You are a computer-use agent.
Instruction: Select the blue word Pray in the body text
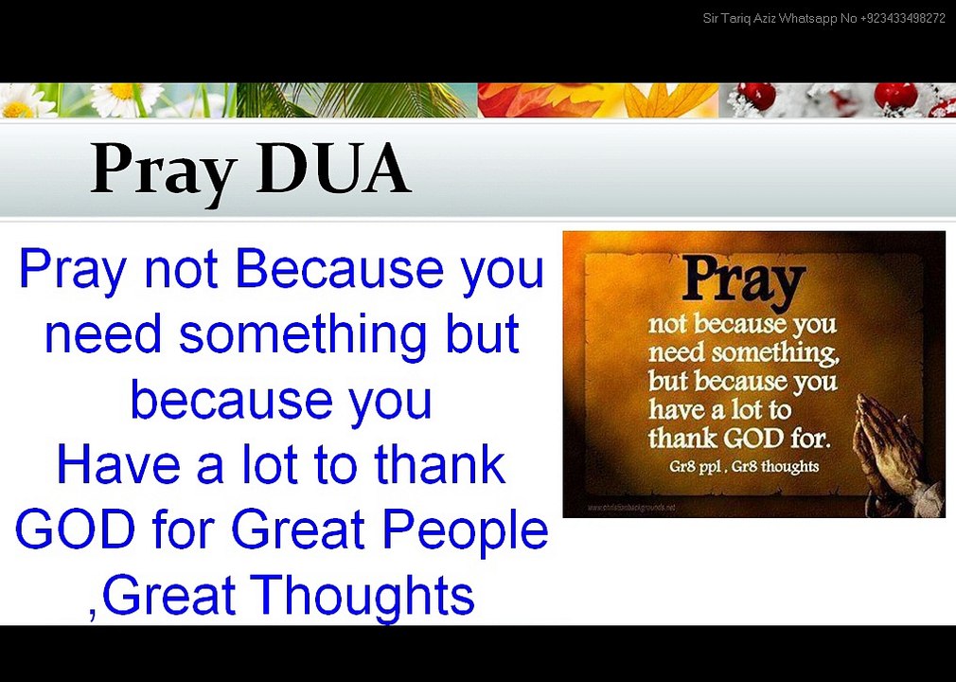click(71, 269)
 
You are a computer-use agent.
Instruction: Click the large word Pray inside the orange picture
click(743, 279)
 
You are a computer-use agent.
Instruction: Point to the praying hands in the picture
click(890, 445)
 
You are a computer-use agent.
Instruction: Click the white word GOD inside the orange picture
click(752, 439)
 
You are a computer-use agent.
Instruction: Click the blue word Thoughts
click(364, 596)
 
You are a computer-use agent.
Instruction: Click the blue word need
click(104, 334)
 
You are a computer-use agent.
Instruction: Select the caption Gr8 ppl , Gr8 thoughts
click(743, 466)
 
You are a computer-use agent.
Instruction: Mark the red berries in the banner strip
click(894, 95)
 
